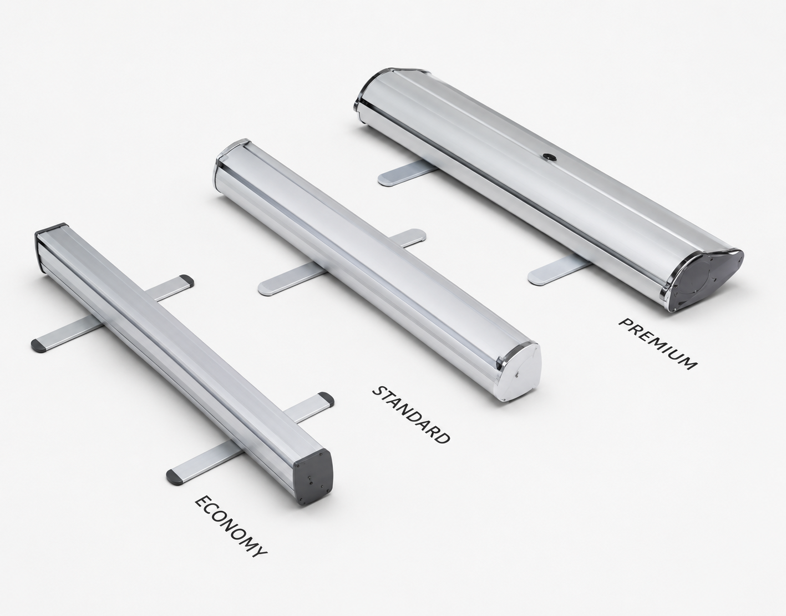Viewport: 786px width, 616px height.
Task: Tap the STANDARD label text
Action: click(x=411, y=415)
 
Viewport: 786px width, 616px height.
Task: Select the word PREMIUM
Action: click(x=658, y=344)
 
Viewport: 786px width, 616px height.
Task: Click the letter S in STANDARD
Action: click(x=378, y=391)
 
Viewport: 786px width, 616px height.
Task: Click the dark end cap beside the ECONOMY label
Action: click(x=313, y=477)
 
